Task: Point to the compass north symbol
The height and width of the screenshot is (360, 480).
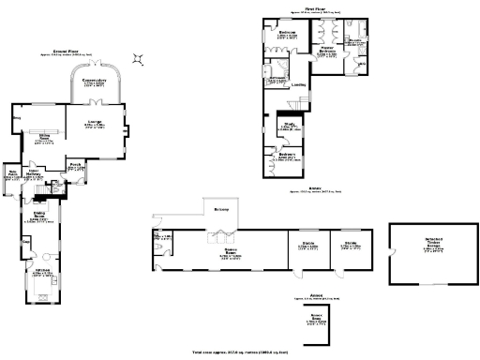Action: [x=139, y=58]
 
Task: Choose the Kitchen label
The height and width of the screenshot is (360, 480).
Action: [x=42, y=274]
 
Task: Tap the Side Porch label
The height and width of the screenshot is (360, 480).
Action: [x=13, y=174]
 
